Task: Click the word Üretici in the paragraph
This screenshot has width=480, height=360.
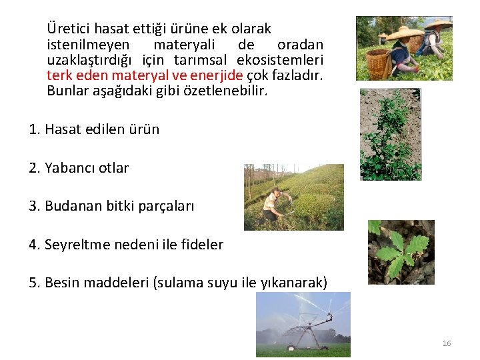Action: pyautogui.click(x=69, y=29)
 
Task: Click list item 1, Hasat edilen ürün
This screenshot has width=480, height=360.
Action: pyautogui.click(x=94, y=129)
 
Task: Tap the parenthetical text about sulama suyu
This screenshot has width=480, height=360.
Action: pyautogui.click(x=240, y=283)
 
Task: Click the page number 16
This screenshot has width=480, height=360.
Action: pyautogui.click(x=447, y=343)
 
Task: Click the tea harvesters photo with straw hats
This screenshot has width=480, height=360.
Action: pyautogui.click(x=404, y=48)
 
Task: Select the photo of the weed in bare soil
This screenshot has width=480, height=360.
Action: pyautogui.click(x=391, y=134)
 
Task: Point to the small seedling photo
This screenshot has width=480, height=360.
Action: pyautogui.click(x=401, y=252)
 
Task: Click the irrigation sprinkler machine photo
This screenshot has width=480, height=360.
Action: pyautogui.click(x=303, y=325)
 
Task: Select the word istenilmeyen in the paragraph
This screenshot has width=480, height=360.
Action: pyautogui.click(x=83, y=45)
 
